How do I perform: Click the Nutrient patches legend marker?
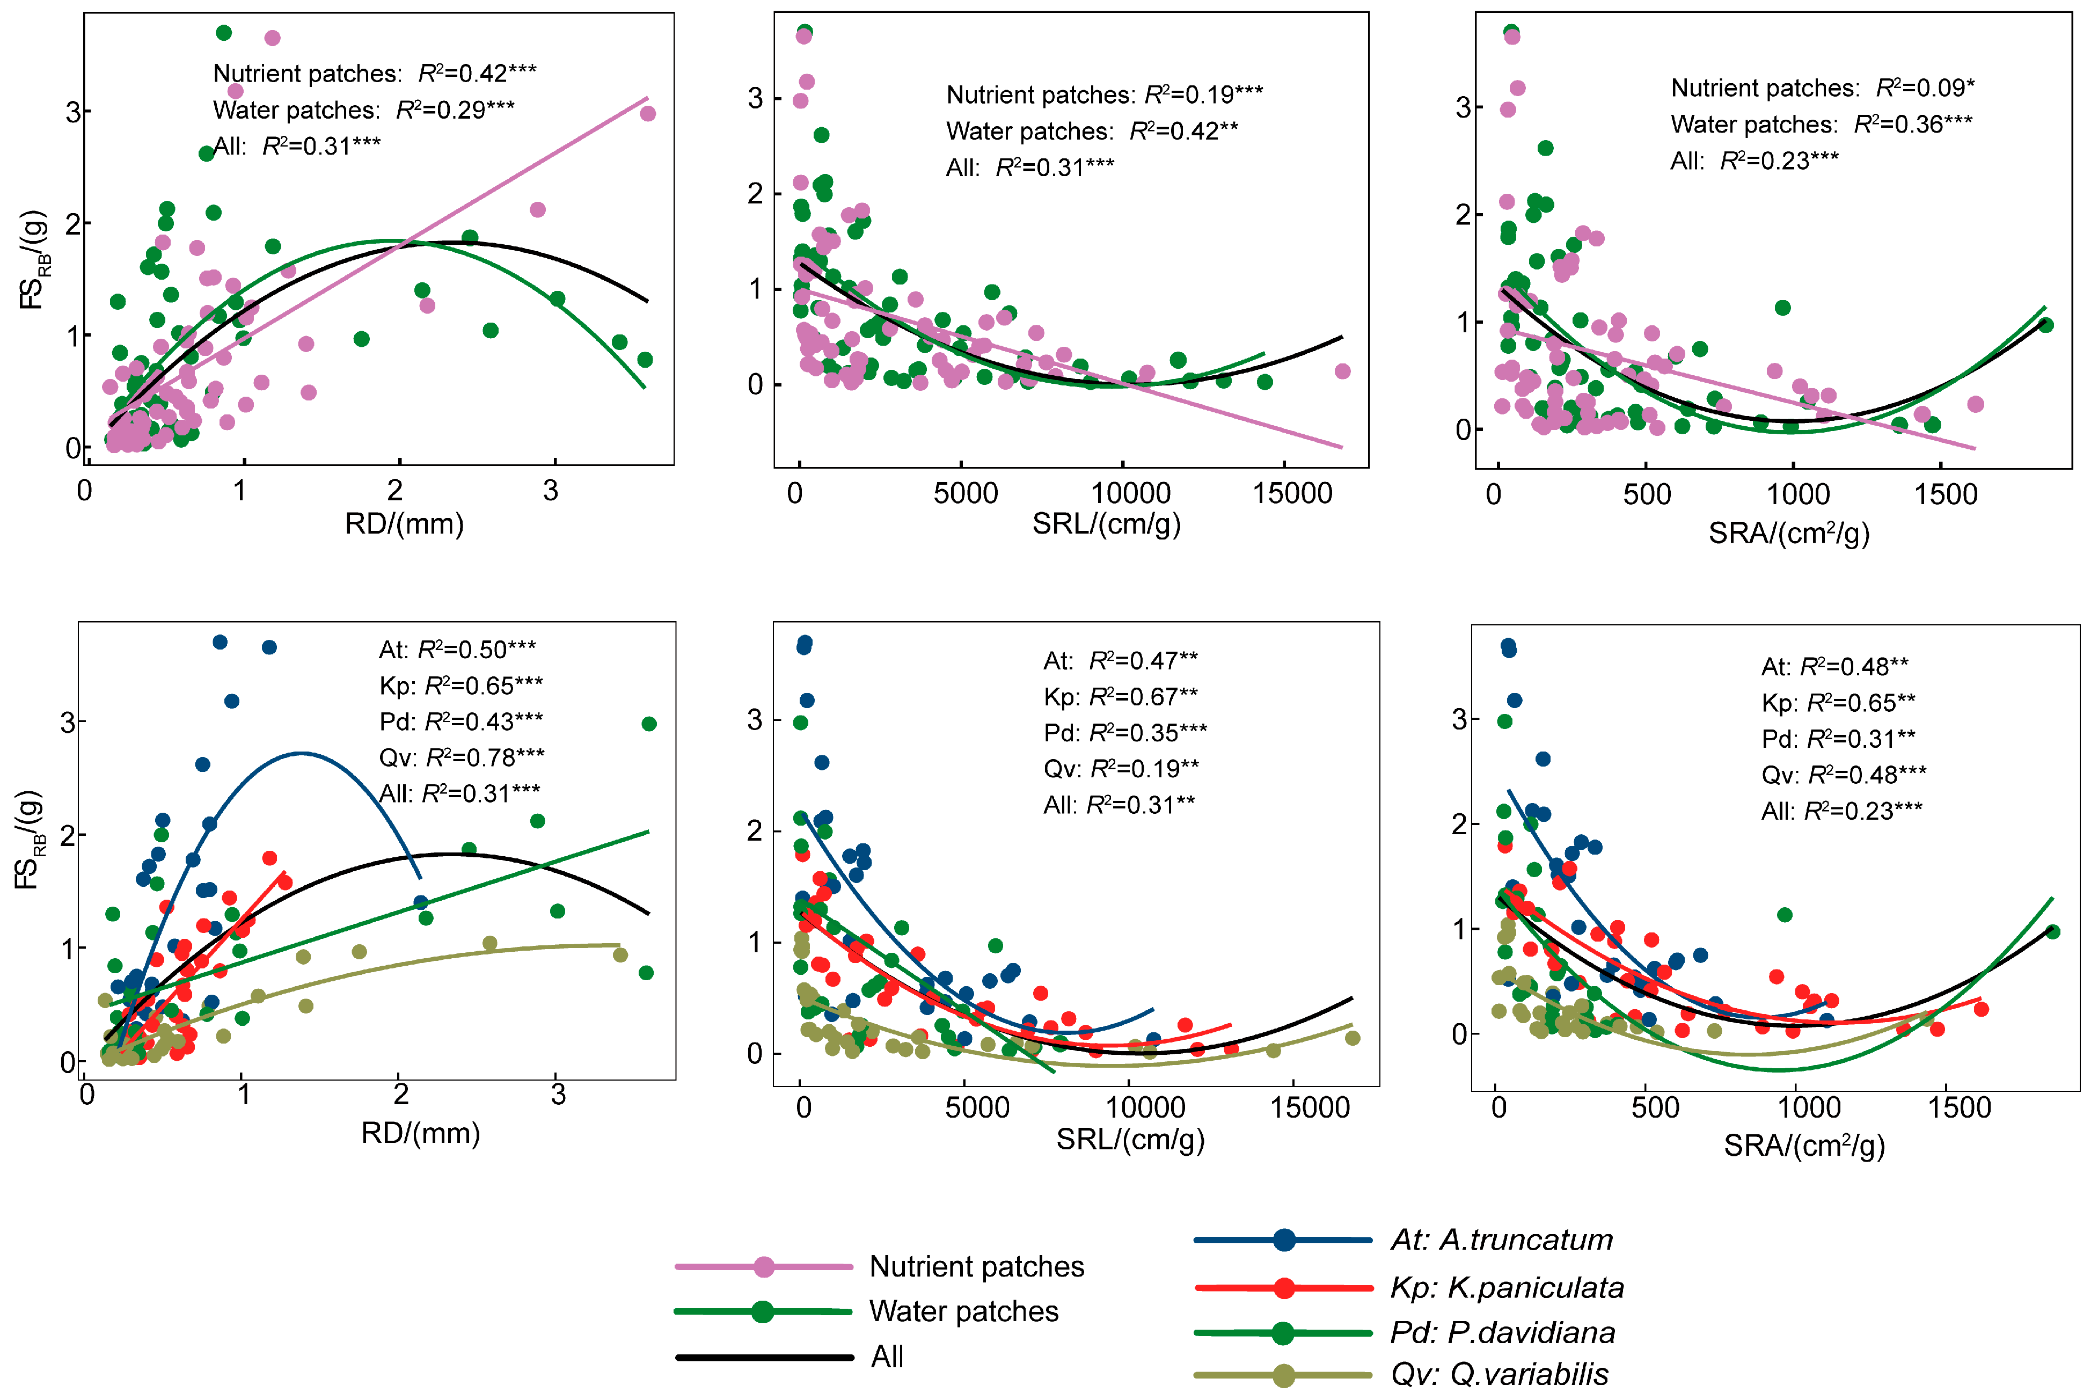point(763,1266)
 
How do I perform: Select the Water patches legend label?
point(963,1311)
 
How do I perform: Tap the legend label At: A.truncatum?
point(1502,1240)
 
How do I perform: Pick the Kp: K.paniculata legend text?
point(1507,1287)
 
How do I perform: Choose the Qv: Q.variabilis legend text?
point(1500,1374)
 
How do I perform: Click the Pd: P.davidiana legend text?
point(1503,1332)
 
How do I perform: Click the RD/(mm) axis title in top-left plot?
point(405,523)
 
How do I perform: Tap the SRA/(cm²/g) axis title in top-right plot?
point(1788,533)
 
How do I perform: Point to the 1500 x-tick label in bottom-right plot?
point(1959,1108)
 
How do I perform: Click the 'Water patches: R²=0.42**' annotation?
point(1092,131)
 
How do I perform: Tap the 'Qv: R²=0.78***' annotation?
point(462,757)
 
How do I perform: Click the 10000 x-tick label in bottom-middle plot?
point(1145,1108)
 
